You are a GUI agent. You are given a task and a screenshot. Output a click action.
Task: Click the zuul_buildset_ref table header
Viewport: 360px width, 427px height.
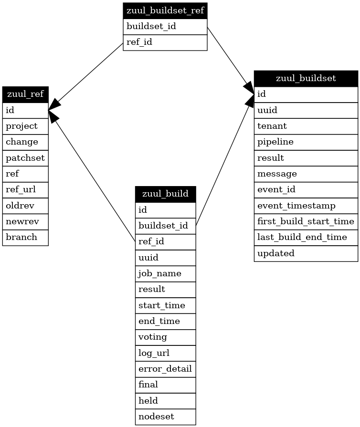click(165, 10)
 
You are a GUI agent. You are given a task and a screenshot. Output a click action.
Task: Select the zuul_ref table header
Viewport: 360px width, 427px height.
click(25, 94)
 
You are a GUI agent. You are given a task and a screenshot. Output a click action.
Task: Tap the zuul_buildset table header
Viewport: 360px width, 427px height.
click(306, 78)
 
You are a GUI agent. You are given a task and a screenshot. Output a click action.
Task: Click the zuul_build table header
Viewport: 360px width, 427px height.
click(165, 194)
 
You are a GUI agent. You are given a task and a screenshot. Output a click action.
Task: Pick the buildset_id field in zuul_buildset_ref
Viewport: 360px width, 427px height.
click(165, 26)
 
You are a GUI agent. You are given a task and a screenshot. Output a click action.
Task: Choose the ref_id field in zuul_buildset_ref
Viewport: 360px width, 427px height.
click(165, 42)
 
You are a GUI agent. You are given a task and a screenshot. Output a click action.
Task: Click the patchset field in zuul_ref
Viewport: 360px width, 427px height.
click(25, 158)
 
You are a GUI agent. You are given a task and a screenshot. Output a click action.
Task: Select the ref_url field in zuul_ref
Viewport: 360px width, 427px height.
click(25, 190)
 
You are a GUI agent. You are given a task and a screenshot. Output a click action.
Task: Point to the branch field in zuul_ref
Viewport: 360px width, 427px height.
click(25, 237)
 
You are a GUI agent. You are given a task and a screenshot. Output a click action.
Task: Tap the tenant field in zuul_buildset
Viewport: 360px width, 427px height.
click(306, 126)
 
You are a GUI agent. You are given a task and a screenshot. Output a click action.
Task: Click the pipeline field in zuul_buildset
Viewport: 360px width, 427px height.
click(306, 142)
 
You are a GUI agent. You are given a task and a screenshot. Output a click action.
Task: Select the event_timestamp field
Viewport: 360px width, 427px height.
click(306, 206)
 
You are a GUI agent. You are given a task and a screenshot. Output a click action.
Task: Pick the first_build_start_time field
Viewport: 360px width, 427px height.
click(306, 221)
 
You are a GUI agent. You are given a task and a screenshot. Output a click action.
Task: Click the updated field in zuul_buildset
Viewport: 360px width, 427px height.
click(306, 253)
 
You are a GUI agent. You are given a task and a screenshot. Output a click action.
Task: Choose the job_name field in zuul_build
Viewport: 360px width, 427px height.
click(165, 273)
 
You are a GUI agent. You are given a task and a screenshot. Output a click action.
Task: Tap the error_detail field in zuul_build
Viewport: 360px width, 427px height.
click(165, 369)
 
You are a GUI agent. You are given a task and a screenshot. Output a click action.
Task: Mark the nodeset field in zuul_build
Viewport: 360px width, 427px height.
click(165, 417)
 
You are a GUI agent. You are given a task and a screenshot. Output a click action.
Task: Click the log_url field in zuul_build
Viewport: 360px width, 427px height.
click(165, 353)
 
